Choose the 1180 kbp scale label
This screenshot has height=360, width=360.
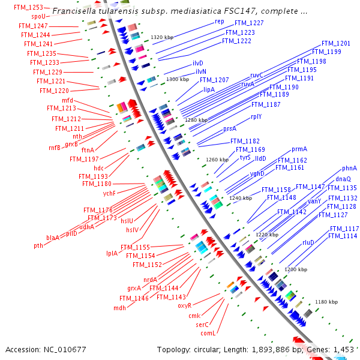click(x=326, y=302)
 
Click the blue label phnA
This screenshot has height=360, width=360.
click(x=349, y=168)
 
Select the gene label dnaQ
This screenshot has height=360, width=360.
click(x=343, y=179)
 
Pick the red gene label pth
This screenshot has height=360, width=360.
click(x=38, y=245)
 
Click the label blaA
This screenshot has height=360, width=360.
click(x=53, y=238)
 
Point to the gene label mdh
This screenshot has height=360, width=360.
click(x=119, y=308)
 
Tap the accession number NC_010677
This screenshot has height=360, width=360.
click(x=63, y=349)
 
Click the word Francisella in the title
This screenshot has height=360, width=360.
click(x=73, y=11)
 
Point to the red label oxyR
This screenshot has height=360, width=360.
click(x=184, y=305)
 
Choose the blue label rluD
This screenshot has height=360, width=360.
click(x=308, y=242)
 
